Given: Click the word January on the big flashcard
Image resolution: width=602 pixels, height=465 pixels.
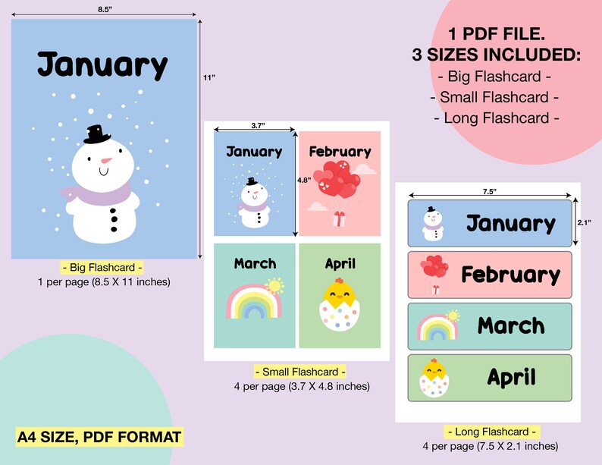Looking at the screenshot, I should (x=102, y=66).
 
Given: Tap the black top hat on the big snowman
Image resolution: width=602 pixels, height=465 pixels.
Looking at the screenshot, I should (x=98, y=134).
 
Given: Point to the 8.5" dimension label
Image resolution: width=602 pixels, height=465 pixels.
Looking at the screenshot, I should (x=104, y=8).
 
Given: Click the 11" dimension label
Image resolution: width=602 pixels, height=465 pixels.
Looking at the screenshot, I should (x=209, y=77).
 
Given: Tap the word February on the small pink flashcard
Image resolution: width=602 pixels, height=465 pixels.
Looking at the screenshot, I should (x=340, y=152).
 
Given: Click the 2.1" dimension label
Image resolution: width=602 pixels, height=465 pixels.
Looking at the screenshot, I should (x=584, y=222).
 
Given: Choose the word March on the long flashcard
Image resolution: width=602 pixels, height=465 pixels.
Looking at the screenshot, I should (x=510, y=326).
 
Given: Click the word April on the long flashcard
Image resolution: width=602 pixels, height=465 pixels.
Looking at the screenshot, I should (x=511, y=377).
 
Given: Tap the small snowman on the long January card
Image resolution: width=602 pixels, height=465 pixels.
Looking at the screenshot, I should (x=432, y=223).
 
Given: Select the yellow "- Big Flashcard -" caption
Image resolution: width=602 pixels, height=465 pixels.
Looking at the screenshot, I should (x=104, y=268).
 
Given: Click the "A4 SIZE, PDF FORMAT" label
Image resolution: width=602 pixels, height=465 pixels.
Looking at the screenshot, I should (x=99, y=437).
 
